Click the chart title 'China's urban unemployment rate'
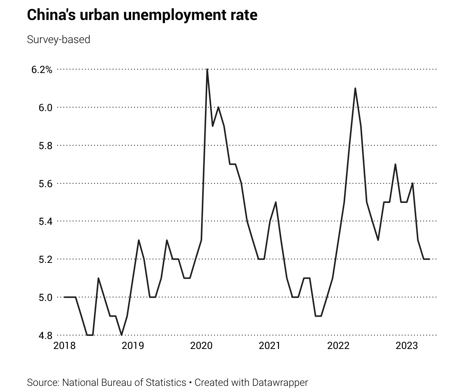click(x=142, y=15)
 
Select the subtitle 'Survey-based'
click(x=58, y=40)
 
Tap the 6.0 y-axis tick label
click(x=45, y=107)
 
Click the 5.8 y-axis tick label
click(x=45, y=145)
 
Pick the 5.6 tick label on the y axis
click(x=45, y=183)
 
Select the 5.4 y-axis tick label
click(x=45, y=221)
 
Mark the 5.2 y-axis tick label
click(x=45, y=259)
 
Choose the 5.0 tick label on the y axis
click(x=45, y=297)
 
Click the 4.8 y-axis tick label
click(x=45, y=335)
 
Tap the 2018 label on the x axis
click(x=65, y=346)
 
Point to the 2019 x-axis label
click(x=133, y=346)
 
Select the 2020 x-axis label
click(x=201, y=346)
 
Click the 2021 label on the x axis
click(x=270, y=346)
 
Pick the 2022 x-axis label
click(x=338, y=346)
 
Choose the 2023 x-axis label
click(x=407, y=346)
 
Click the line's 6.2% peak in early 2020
click(x=207, y=70)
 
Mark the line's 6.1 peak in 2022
click(x=355, y=88)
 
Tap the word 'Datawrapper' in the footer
click(x=280, y=382)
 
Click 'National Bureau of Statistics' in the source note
click(x=124, y=382)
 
